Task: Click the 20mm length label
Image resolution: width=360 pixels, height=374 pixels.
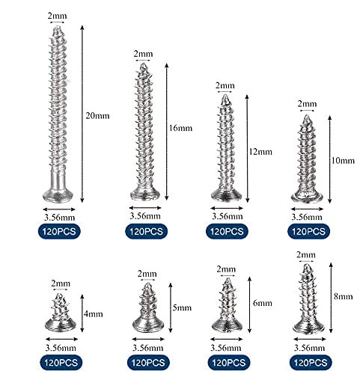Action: coord(97,116)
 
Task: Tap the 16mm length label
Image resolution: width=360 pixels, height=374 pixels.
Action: coord(180,128)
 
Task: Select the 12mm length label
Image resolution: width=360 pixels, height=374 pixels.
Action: coord(260,152)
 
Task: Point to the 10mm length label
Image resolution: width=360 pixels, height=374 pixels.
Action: coord(343,160)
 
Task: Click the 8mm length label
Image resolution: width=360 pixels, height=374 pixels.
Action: coord(344,296)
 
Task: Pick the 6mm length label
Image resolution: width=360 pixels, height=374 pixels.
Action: coord(263,303)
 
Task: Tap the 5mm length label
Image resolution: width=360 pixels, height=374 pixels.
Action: coord(182,307)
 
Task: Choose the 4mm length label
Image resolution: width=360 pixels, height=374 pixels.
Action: coord(94,314)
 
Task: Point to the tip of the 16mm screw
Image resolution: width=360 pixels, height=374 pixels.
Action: coord(143,64)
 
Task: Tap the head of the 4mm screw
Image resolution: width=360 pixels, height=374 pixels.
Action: coord(61,325)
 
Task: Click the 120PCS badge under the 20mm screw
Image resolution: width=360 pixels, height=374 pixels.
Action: coord(59,231)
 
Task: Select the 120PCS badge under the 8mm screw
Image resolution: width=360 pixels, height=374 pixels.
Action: coord(311,363)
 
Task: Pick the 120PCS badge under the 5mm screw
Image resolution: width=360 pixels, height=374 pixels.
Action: coord(148,363)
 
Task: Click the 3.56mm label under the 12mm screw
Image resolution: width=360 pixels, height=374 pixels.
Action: coord(228,216)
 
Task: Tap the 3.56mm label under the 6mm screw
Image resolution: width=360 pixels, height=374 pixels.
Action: coord(226,348)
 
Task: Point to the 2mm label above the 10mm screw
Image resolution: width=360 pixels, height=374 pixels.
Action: coord(307,104)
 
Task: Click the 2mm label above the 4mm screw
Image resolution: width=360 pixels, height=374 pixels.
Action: coord(61,283)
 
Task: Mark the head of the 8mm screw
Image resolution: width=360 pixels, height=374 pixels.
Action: coord(308,327)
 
